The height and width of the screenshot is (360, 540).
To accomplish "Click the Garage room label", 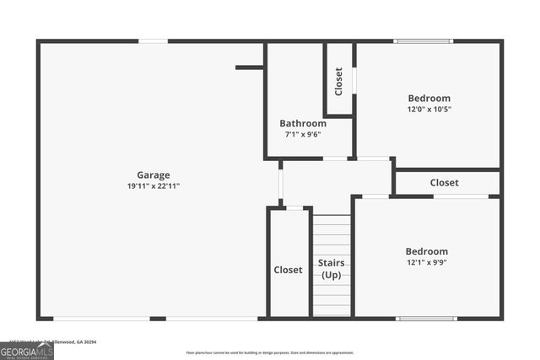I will pos(154,175).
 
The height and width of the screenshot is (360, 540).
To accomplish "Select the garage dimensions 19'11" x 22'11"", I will pos(154,186).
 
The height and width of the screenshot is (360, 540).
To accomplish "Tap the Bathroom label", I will pos(303,123).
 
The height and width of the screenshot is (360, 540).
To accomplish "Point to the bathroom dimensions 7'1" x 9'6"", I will pos(303,134).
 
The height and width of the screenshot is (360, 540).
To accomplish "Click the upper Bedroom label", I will pos(429,98).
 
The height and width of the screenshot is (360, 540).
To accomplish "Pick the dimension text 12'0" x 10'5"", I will pos(429,109).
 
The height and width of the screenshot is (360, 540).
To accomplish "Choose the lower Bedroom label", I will pos(427,251).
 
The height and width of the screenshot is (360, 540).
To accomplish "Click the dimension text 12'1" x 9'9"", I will pos(427,262).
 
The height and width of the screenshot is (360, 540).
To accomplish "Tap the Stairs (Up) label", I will pos(331,269).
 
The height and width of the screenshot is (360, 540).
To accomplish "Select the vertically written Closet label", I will pos(338,81).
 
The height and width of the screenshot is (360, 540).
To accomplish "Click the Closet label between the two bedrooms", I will pos(445,183).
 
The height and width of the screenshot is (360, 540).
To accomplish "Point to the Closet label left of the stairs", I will pos(288,270).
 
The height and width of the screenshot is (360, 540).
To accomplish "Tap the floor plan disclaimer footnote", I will pos(270,352).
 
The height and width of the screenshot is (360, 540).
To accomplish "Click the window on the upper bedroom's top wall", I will pos(424,40).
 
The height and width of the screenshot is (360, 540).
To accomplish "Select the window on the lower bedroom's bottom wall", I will pos(426,318).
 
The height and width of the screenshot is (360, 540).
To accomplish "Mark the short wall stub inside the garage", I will pos(249,67).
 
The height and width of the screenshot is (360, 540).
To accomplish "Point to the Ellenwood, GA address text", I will pos(67,341).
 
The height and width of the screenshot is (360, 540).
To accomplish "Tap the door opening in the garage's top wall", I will pos(153,40).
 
